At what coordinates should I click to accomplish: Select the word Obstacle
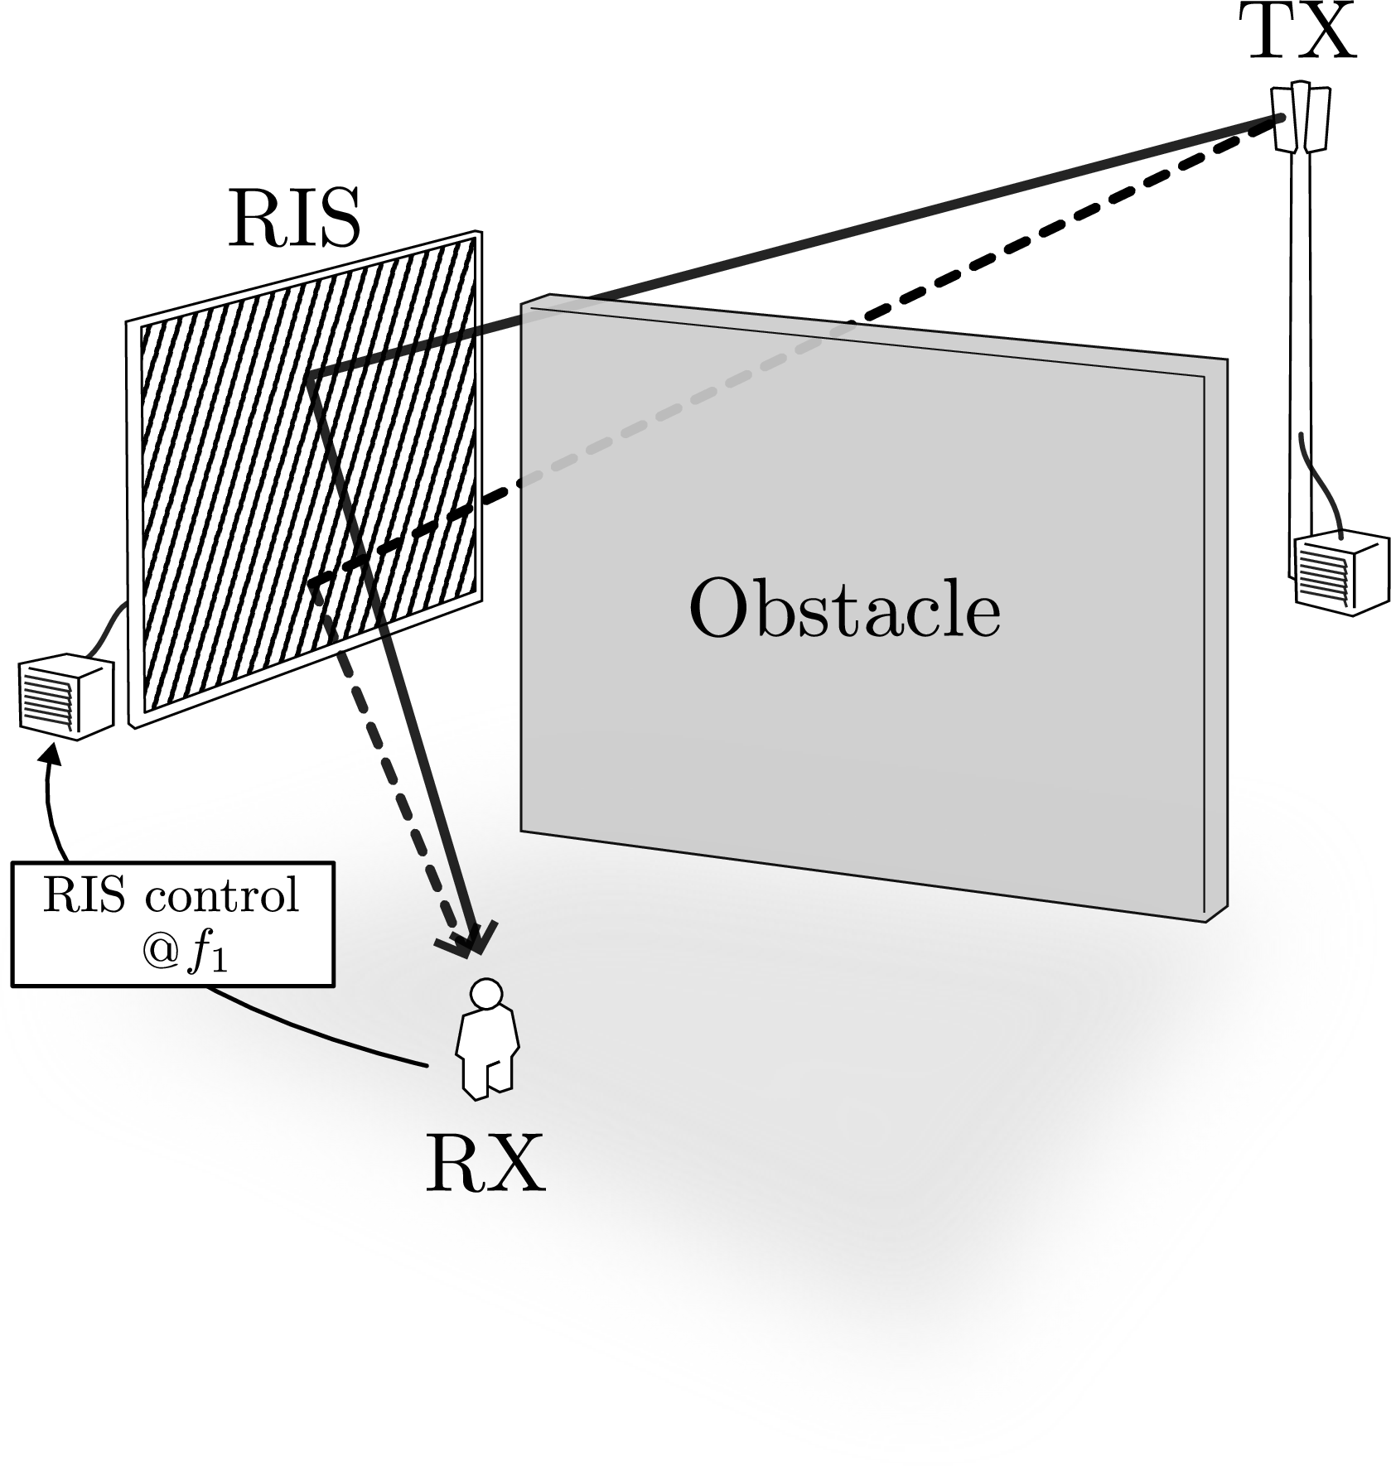(x=844, y=609)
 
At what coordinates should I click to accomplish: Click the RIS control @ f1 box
(x=173, y=924)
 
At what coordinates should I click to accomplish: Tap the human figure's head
(x=485, y=993)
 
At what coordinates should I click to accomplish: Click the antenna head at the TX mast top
(x=1302, y=118)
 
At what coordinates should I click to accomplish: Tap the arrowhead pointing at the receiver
(x=468, y=938)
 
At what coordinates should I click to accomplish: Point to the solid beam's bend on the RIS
(x=309, y=379)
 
